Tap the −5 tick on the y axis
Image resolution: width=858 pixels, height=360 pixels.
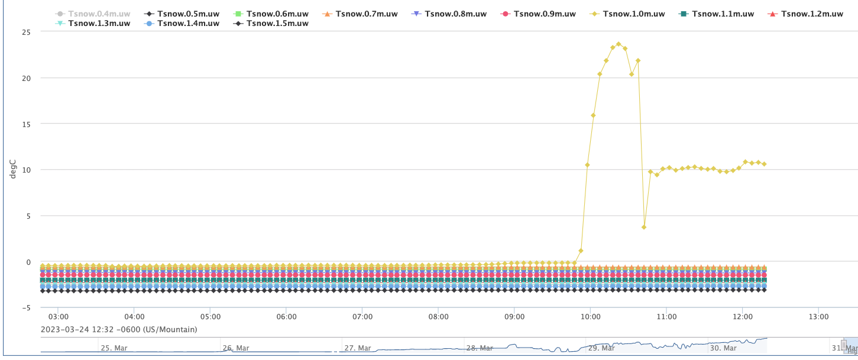pyautogui.click(x=26, y=307)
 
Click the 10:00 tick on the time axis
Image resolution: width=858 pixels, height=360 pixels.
pyautogui.click(x=590, y=317)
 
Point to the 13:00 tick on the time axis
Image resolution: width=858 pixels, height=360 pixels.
pyautogui.click(x=818, y=317)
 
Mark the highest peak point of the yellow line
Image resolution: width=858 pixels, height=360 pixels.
pyautogui.click(x=619, y=44)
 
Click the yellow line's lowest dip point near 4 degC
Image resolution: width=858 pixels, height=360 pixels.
pyautogui.click(x=644, y=227)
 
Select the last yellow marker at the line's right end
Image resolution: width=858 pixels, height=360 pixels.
pyautogui.click(x=764, y=164)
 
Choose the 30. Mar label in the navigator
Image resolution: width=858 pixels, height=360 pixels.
pyautogui.click(x=723, y=348)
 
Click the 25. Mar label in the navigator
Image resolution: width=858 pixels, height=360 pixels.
pyautogui.click(x=115, y=348)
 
